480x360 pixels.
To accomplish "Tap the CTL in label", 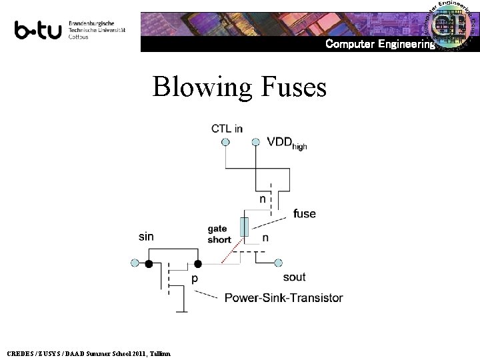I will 227,128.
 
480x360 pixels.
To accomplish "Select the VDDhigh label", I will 287,143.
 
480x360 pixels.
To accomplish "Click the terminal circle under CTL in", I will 225,142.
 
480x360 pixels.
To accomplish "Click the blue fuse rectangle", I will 245,227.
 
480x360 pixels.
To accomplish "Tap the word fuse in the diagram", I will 304,214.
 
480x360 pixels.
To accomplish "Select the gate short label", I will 219,234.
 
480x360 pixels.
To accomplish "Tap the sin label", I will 147,236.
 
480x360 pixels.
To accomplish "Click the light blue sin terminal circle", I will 134,264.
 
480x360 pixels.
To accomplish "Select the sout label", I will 294,277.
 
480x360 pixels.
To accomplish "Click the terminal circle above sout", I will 279,264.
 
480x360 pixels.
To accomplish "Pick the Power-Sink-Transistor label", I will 284,297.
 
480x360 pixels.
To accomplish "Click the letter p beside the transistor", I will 195,279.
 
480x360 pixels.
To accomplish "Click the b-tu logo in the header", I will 39,30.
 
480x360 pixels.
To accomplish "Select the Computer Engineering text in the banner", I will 380,44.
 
